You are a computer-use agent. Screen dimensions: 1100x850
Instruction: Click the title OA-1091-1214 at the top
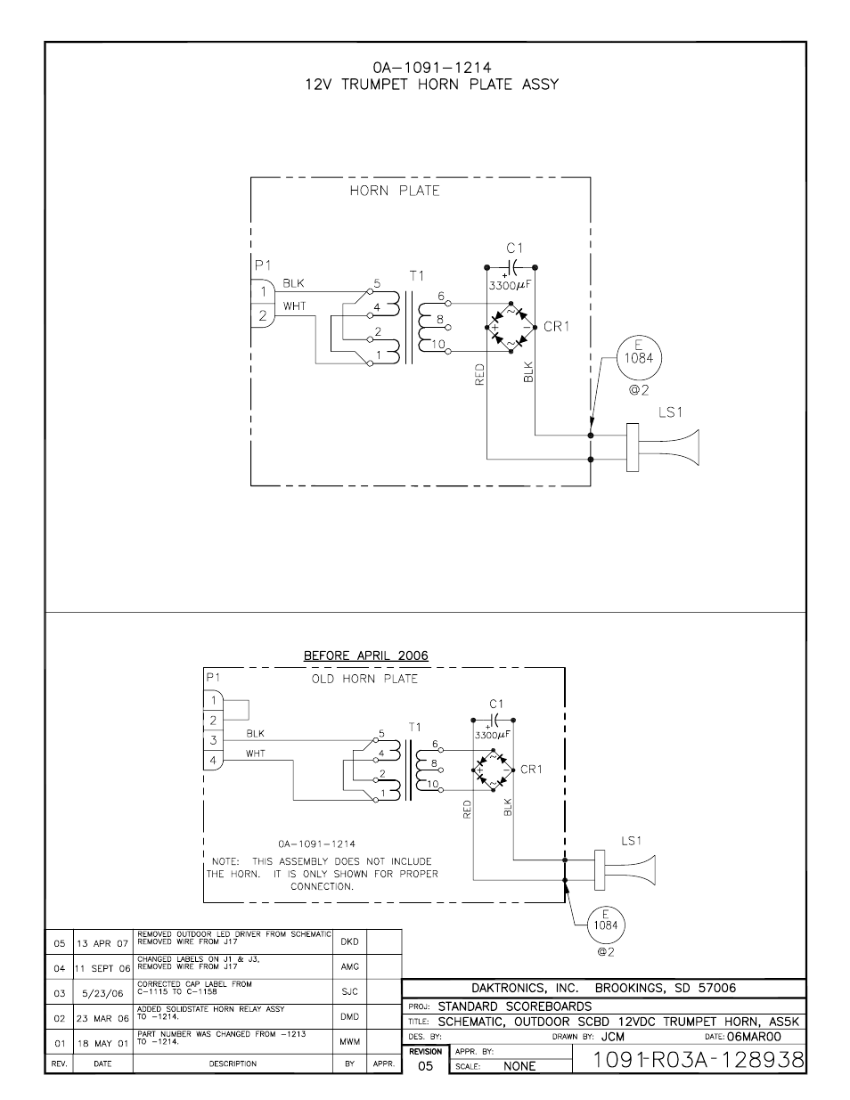click(431, 67)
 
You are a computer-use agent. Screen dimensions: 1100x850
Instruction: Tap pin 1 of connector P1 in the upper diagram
click(262, 291)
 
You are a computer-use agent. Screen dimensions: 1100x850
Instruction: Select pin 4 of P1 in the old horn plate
click(214, 761)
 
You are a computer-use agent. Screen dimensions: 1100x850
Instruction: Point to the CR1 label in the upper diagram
click(555, 327)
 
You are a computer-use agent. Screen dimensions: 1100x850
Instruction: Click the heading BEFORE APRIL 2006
click(365, 656)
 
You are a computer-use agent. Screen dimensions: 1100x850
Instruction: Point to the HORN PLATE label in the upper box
click(394, 191)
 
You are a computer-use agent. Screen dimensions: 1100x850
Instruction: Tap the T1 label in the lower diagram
click(414, 727)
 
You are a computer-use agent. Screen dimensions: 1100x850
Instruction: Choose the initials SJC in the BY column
click(348, 991)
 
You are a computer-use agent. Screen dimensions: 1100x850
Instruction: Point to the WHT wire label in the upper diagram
click(294, 306)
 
